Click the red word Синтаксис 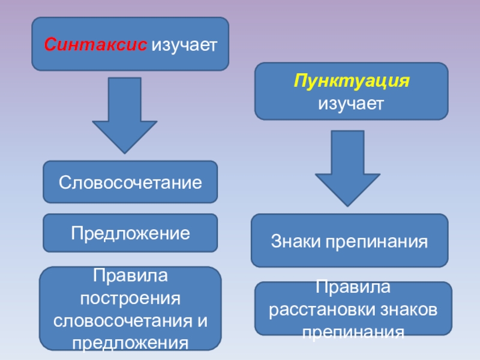tap(95, 45)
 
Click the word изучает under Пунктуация tap(351, 103)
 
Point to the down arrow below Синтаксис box tap(125, 114)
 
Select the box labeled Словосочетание tap(130, 182)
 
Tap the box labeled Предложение tap(130, 232)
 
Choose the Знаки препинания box tap(349, 241)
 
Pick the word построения tap(130, 298)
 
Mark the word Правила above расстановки tap(353, 288)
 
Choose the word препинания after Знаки tap(377, 242)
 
